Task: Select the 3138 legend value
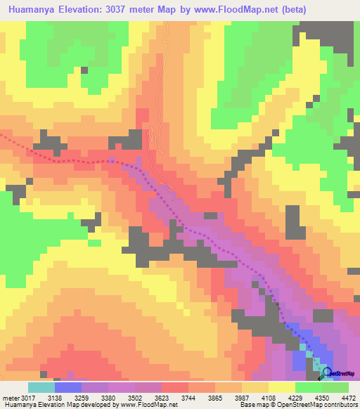tap(54, 398)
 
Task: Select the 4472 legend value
tap(349, 398)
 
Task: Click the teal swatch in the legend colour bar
tap(41, 387)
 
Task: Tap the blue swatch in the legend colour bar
tap(68, 387)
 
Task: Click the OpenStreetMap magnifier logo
tap(325, 374)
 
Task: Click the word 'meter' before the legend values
tap(10, 398)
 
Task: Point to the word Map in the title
tap(180, 9)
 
